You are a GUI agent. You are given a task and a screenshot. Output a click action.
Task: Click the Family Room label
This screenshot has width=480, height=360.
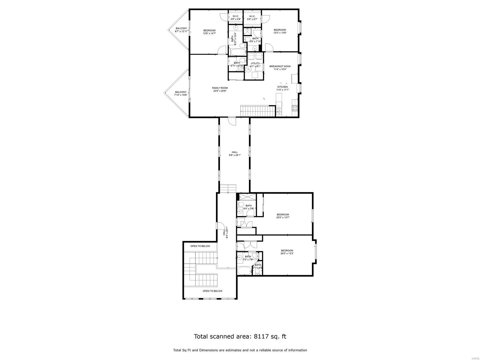coord(220,89)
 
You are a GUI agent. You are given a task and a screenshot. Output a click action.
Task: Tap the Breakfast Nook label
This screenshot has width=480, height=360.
coord(278,67)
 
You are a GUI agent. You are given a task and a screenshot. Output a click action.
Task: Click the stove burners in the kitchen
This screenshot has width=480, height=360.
coord(295,108)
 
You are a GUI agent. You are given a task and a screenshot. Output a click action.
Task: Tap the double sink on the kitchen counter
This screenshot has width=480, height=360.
coord(279,111)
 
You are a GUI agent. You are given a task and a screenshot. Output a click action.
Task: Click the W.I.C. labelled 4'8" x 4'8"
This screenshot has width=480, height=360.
coord(235,17)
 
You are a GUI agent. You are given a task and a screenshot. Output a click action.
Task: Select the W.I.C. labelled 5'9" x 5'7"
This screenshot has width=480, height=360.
coord(252,17)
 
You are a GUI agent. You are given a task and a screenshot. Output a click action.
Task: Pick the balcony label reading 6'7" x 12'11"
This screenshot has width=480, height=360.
coord(181,30)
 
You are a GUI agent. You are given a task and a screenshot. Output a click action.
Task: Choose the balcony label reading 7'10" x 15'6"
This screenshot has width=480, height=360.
coord(181,94)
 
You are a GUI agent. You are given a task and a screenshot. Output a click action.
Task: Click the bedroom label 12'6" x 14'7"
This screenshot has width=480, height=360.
coord(209,32)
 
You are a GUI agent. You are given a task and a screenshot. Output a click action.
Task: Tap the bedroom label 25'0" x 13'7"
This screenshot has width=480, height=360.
coord(283,216)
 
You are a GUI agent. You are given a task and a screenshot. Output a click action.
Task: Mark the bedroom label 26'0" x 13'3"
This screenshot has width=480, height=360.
coord(287,252)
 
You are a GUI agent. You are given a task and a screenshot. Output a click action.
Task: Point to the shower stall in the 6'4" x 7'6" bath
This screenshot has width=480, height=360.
coord(247,197)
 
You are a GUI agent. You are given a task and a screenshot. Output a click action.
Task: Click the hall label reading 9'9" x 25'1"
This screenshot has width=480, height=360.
coord(235,154)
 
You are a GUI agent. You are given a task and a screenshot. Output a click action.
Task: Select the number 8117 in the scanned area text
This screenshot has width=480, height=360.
coord(262,336)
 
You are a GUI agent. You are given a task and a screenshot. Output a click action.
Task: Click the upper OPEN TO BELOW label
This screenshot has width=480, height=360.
coord(200,246)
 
